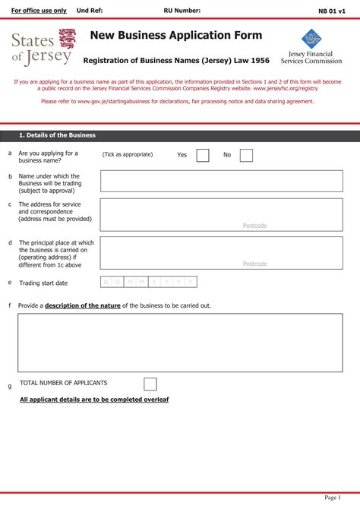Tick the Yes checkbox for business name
(203, 155)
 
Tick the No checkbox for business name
(246, 155)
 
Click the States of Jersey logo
(44, 47)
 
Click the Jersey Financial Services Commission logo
(311, 46)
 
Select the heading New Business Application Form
(176, 36)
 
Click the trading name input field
(221, 181)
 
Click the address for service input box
(221, 215)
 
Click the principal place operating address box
(221, 253)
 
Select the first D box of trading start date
(106, 283)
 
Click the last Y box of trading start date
(191, 283)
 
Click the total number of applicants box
(150, 384)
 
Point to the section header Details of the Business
(58, 135)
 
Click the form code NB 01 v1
(332, 11)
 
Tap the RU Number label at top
(182, 11)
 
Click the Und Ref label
(90, 11)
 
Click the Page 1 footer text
(333, 498)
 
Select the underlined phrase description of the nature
(83, 305)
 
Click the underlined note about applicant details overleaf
(94, 399)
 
